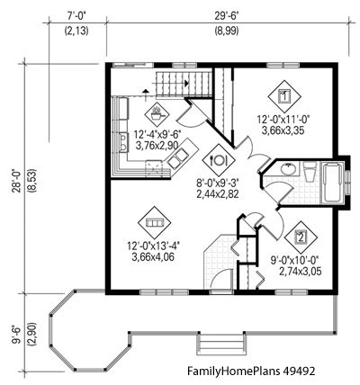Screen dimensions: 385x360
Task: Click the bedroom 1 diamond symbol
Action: pyautogui.click(x=284, y=94)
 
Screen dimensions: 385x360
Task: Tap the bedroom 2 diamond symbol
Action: pyautogui.click(x=300, y=238)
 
